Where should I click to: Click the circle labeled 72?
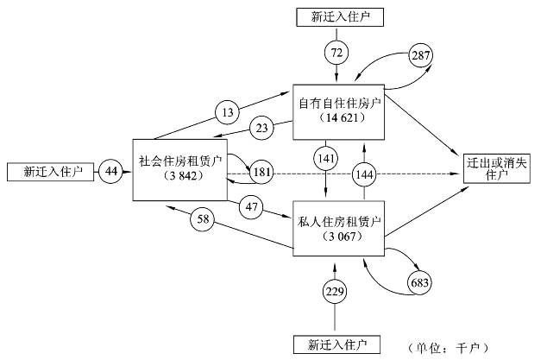(336, 54)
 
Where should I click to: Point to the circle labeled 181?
(261, 171)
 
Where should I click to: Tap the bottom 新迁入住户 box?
(336, 344)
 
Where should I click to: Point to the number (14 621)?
(337, 117)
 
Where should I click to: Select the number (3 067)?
(337, 236)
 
